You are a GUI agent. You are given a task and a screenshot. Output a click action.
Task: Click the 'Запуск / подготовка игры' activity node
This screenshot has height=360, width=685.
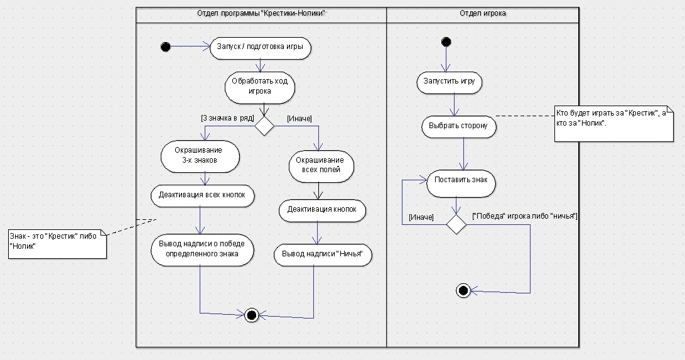pos(260,48)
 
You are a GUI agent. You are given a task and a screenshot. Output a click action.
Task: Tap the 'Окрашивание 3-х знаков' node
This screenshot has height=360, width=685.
pos(200,156)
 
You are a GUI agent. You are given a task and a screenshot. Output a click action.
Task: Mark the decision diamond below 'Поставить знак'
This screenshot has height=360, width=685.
pos(456,224)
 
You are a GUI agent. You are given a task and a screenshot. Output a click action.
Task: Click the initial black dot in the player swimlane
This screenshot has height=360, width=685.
pos(446,43)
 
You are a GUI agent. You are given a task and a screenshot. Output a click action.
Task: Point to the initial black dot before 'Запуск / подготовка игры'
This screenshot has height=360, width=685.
pos(166,47)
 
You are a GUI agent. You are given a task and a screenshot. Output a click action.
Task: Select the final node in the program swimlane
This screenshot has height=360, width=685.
pos(252,315)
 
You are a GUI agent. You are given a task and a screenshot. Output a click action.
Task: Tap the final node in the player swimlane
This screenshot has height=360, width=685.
pos(463,290)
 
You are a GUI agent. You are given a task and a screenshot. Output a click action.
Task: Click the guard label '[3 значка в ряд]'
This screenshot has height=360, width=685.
pos(224,118)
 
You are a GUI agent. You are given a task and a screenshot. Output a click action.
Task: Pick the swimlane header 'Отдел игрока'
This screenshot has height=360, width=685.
pos(482,13)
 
